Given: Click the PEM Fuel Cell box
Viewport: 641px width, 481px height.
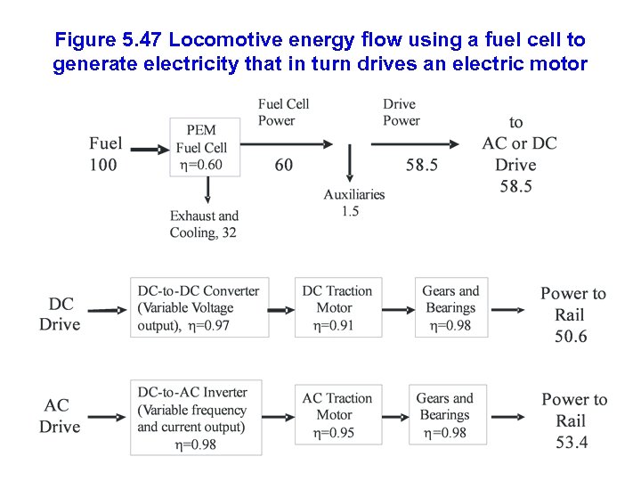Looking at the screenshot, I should coord(204,147).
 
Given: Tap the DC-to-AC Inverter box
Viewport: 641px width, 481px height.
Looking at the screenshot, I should coord(196,418).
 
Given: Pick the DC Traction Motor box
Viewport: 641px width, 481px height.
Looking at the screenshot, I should coord(337,308).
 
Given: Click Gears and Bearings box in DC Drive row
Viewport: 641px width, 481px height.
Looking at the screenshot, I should coord(450,308).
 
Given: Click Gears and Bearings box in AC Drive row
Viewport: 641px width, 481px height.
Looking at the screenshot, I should coord(450,415).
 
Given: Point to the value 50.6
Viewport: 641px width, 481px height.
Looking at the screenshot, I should coord(570,337).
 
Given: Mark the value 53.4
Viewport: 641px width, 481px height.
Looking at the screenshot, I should coord(570,443).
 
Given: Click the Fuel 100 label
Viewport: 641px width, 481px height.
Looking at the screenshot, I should coord(105,154).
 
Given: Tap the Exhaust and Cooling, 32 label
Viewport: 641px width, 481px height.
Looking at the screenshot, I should coord(204,224).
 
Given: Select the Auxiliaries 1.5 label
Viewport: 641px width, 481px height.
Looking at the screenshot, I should coord(354,202).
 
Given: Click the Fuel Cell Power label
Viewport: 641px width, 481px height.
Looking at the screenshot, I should coord(284,112).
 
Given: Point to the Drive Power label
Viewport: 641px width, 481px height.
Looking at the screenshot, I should coord(402,112).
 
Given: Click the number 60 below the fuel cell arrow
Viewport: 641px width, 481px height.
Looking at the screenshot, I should coord(283,165).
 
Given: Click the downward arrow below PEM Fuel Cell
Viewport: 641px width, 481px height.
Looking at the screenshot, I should coord(207,189).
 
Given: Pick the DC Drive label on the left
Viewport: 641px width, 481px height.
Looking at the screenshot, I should coord(60,314).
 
